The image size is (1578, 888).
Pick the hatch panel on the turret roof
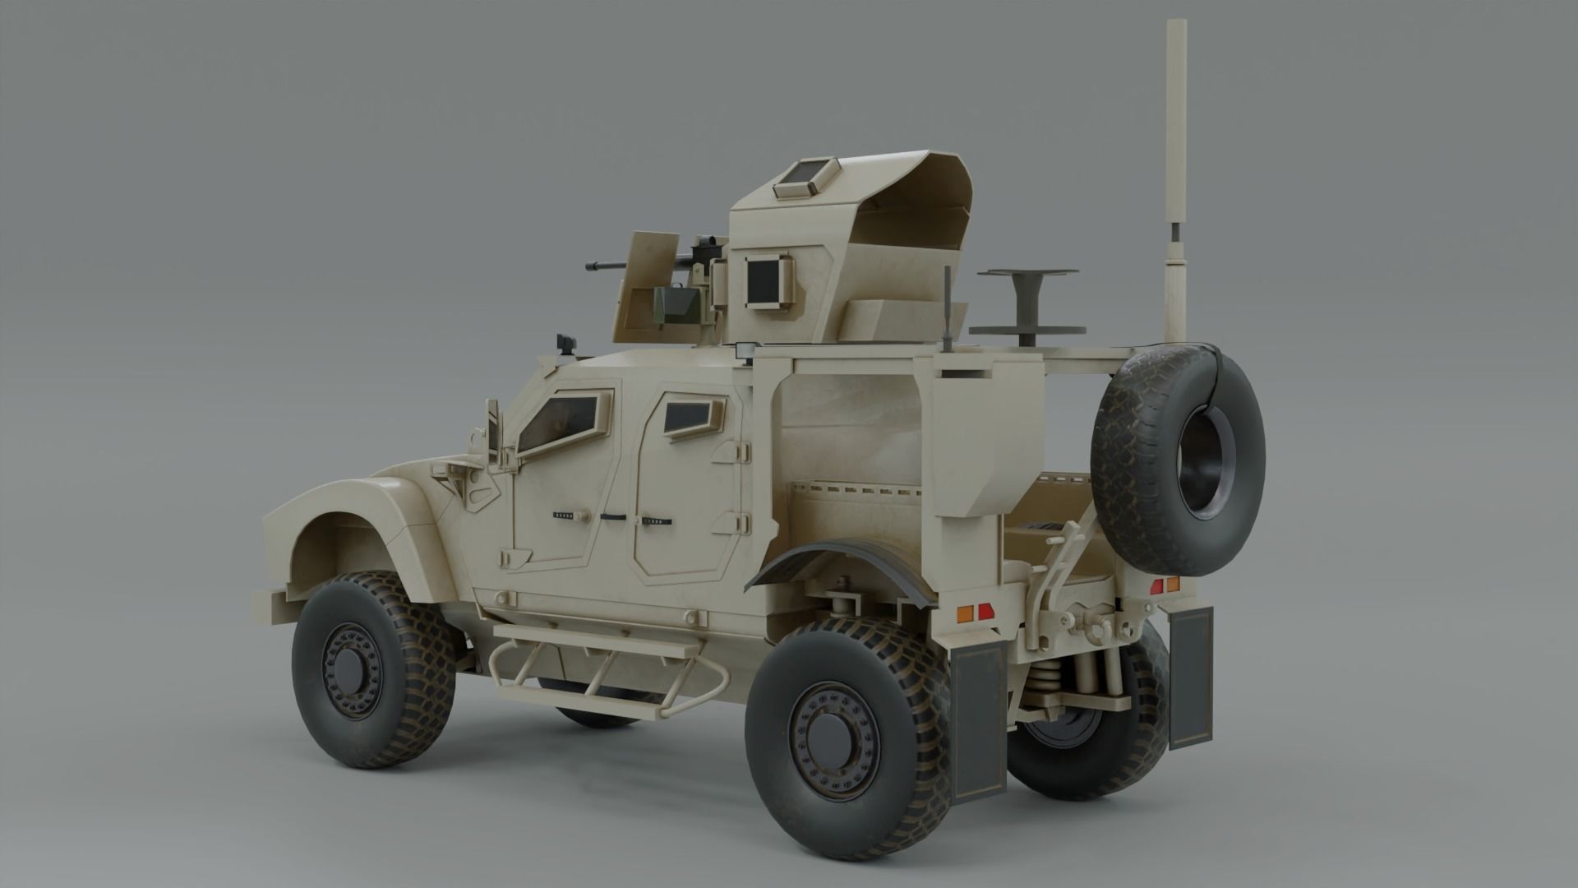point(801,176)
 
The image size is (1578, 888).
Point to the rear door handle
point(655,520)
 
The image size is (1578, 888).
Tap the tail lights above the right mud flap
point(1165,585)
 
